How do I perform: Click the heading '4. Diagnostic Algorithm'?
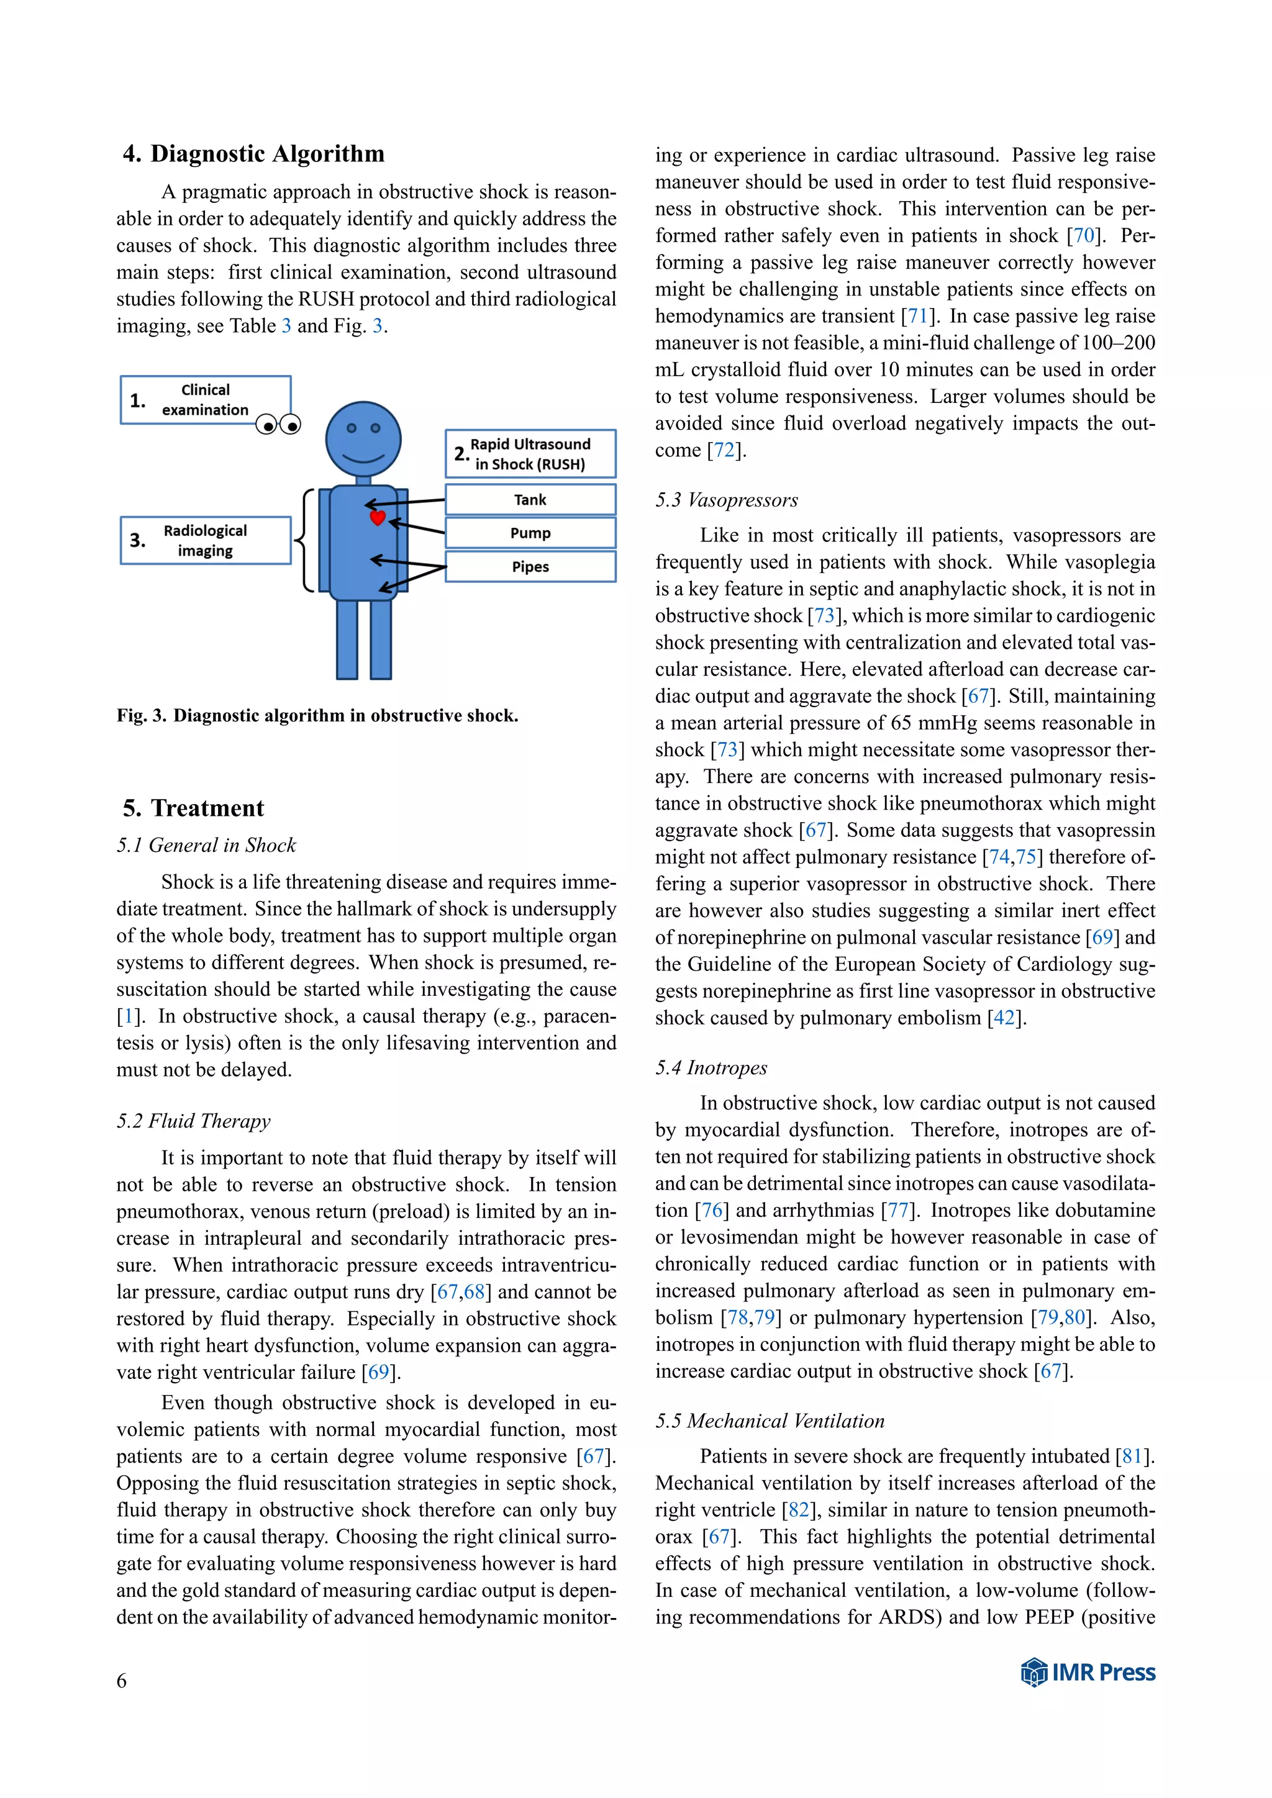click(x=253, y=153)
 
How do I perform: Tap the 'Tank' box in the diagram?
click(x=530, y=500)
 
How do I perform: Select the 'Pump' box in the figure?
click(x=530, y=533)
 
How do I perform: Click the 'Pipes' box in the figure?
click(x=530, y=567)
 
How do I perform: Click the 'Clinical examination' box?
click(x=205, y=399)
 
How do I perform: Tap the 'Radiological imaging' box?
click(x=205, y=540)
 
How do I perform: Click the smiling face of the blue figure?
click(x=363, y=440)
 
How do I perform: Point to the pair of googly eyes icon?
click(x=278, y=425)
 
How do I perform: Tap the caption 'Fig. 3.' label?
click(x=141, y=716)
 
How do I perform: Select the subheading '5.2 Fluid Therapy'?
click(x=193, y=1121)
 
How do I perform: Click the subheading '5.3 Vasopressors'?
click(x=726, y=500)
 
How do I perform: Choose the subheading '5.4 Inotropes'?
click(x=711, y=1067)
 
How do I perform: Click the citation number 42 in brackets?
click(x=1004, y=1018)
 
